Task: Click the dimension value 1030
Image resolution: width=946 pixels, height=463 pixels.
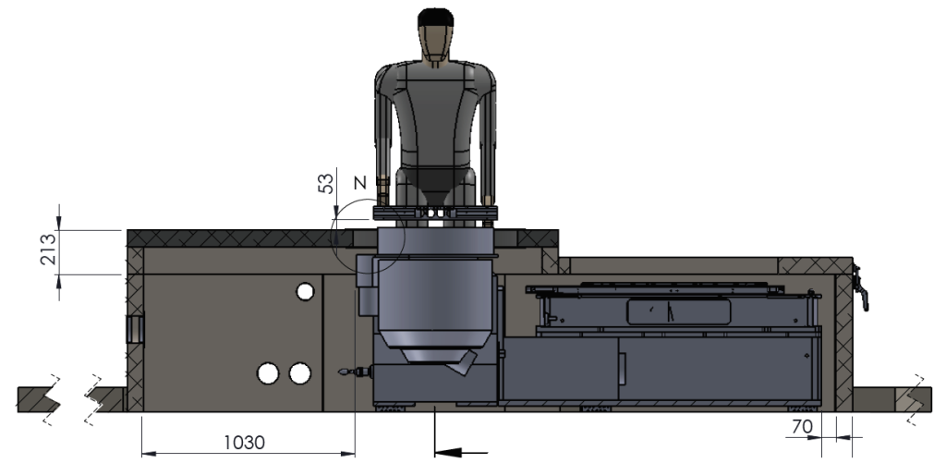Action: coord(244,443)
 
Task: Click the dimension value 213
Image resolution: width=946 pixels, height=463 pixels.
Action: coord(48,250)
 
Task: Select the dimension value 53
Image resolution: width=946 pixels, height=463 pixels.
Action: coord(325,184)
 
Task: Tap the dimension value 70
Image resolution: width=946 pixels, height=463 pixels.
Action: coord(803,426)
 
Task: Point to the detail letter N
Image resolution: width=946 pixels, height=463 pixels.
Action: coord(360,182)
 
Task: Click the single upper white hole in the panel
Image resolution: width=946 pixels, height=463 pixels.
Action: coord(305,291)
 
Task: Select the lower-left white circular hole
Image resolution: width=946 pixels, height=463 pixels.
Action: coord(268,373)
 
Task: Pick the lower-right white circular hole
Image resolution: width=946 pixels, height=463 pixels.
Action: coord(300,373)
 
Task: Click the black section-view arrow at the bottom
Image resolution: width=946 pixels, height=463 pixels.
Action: coord(461,452)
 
